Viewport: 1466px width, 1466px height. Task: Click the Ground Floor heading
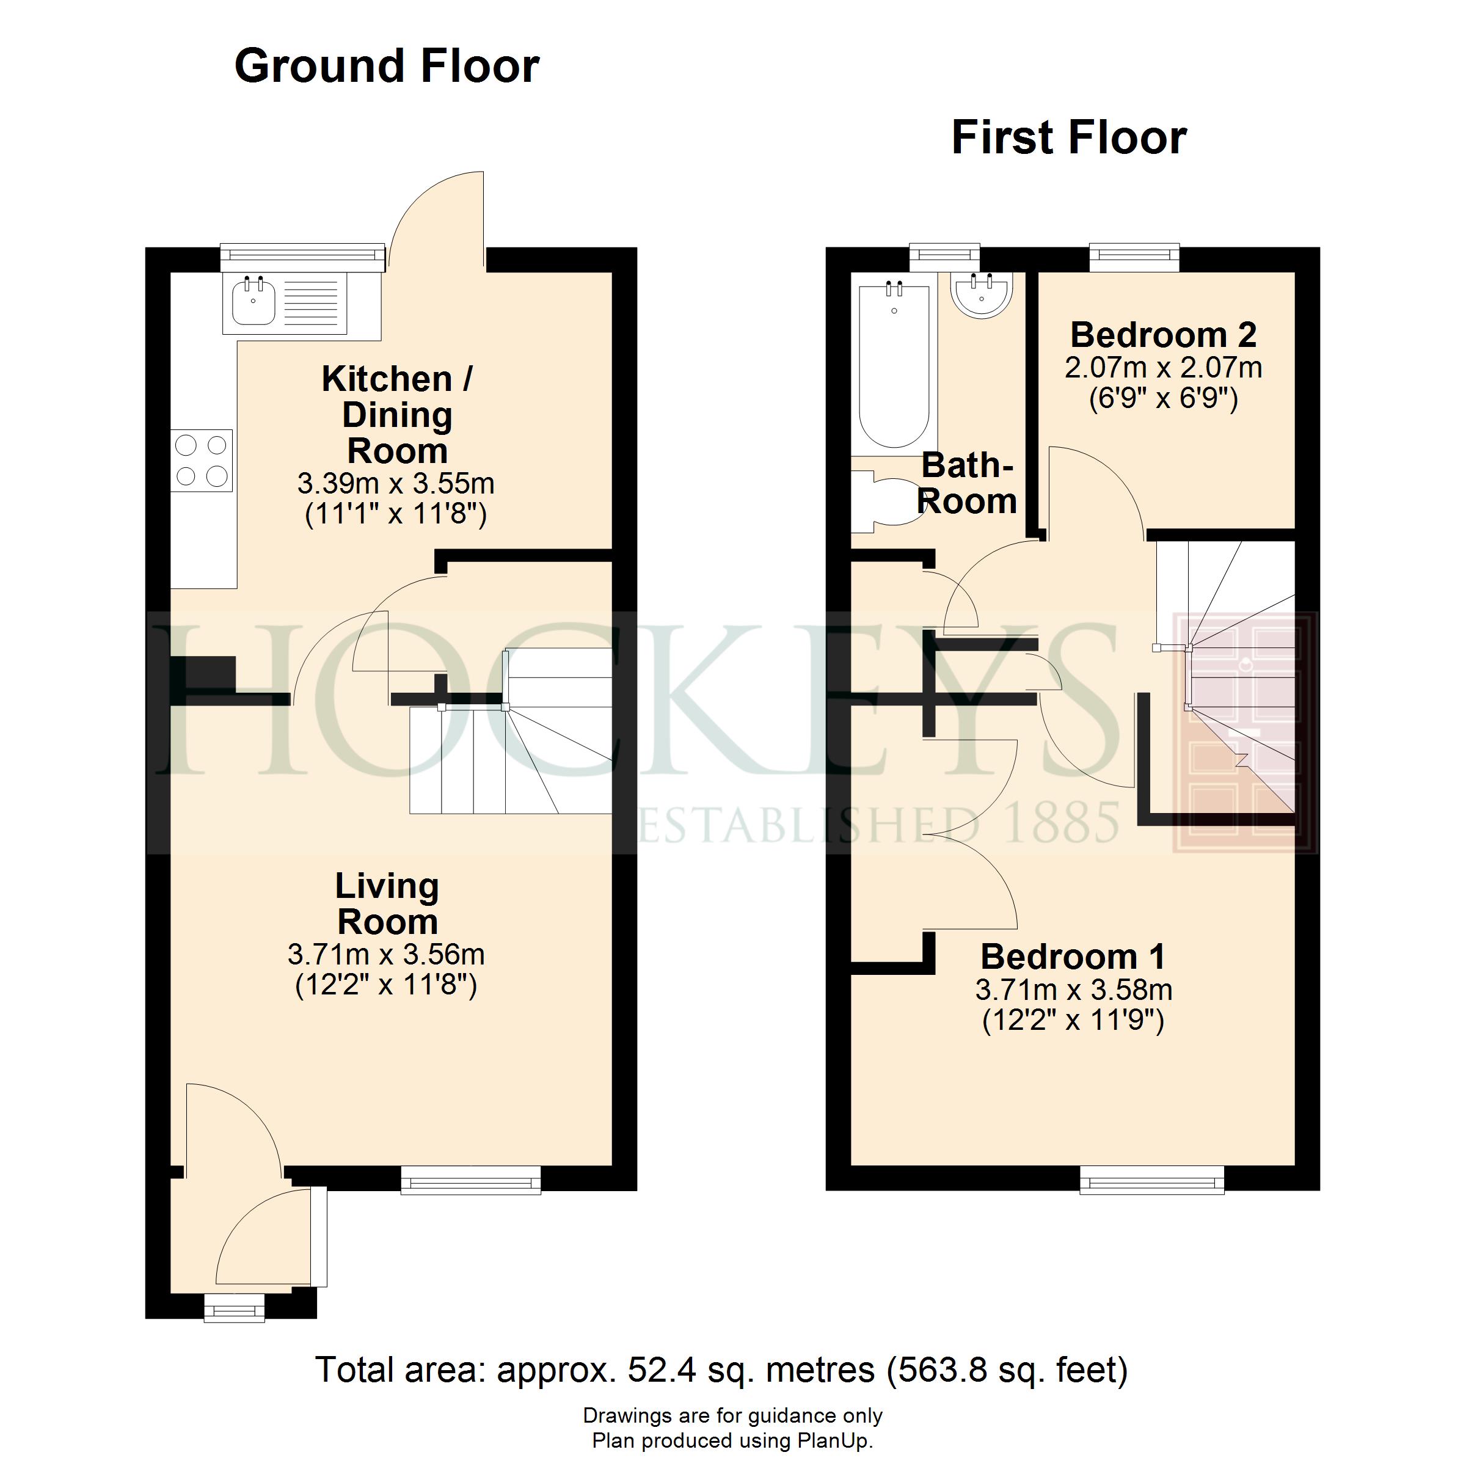pos(387,66)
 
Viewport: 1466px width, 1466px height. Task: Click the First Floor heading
pos(1069,137)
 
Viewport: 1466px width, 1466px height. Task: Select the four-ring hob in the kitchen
pos(201,461)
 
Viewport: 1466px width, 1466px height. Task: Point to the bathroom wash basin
pos(982,294)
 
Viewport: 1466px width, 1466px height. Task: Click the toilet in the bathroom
pos(886,501)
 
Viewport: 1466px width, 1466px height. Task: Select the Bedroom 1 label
pos(1072,956)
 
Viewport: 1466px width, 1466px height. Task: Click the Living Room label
pos(387,904)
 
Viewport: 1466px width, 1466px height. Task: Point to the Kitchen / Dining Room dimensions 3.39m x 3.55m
pos(395,483)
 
